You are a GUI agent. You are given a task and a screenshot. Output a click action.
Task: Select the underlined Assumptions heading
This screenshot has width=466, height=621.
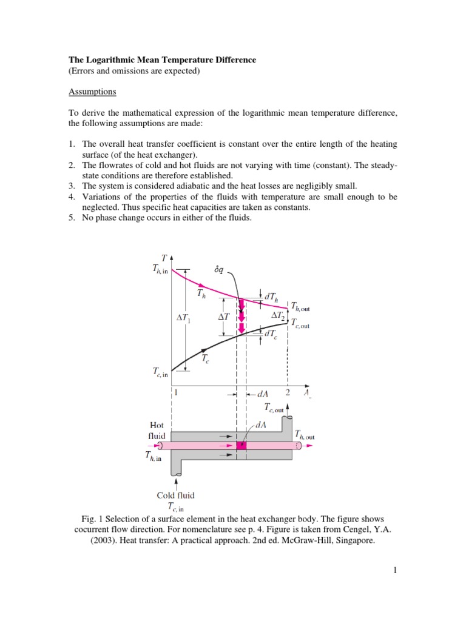91,92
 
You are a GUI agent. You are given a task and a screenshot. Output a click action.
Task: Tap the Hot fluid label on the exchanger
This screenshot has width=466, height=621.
156,431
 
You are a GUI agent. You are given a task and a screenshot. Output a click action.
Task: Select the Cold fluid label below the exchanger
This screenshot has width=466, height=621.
176,495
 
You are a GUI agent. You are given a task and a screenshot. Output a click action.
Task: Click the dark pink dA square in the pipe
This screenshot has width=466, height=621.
241,446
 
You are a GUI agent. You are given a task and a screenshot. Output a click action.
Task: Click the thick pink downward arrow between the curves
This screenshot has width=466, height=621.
241,316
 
